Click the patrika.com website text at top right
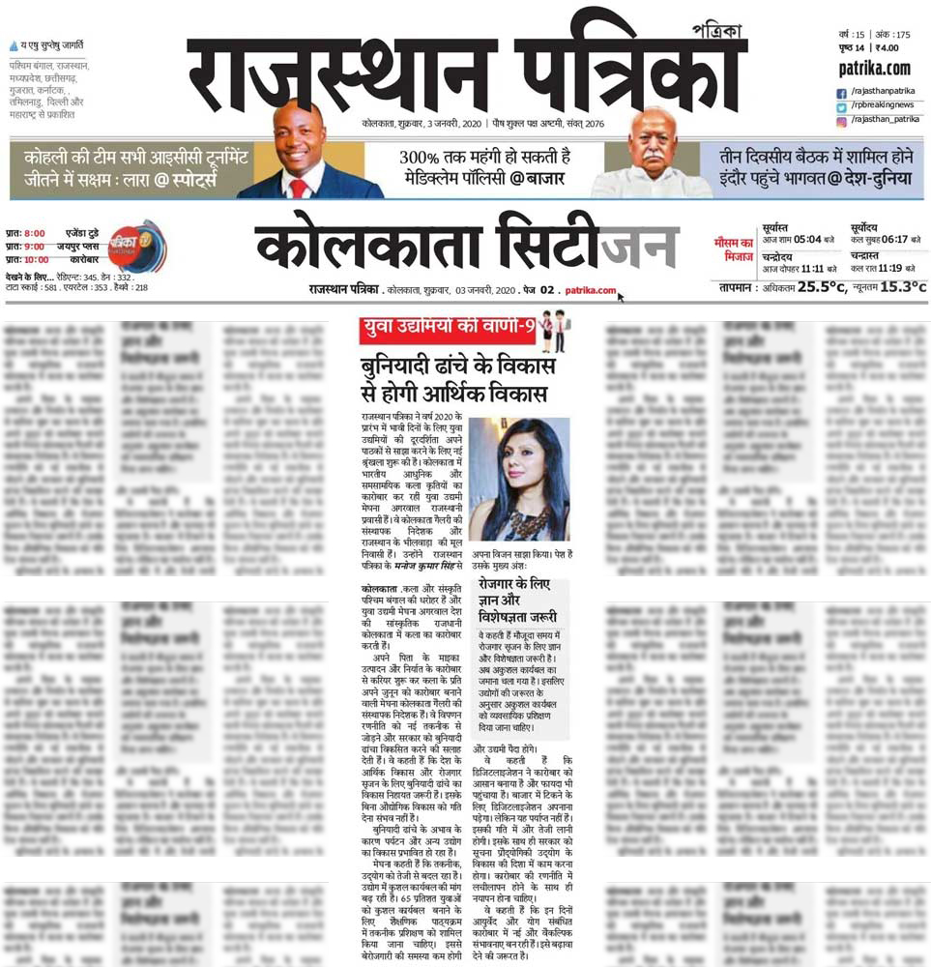tap(874, 69)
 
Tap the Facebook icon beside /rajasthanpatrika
tap(841, 92)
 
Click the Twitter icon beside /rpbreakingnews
tap(841, 105)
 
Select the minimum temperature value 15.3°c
tap(901, 286)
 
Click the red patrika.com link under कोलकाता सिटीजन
tap(591, 289)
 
